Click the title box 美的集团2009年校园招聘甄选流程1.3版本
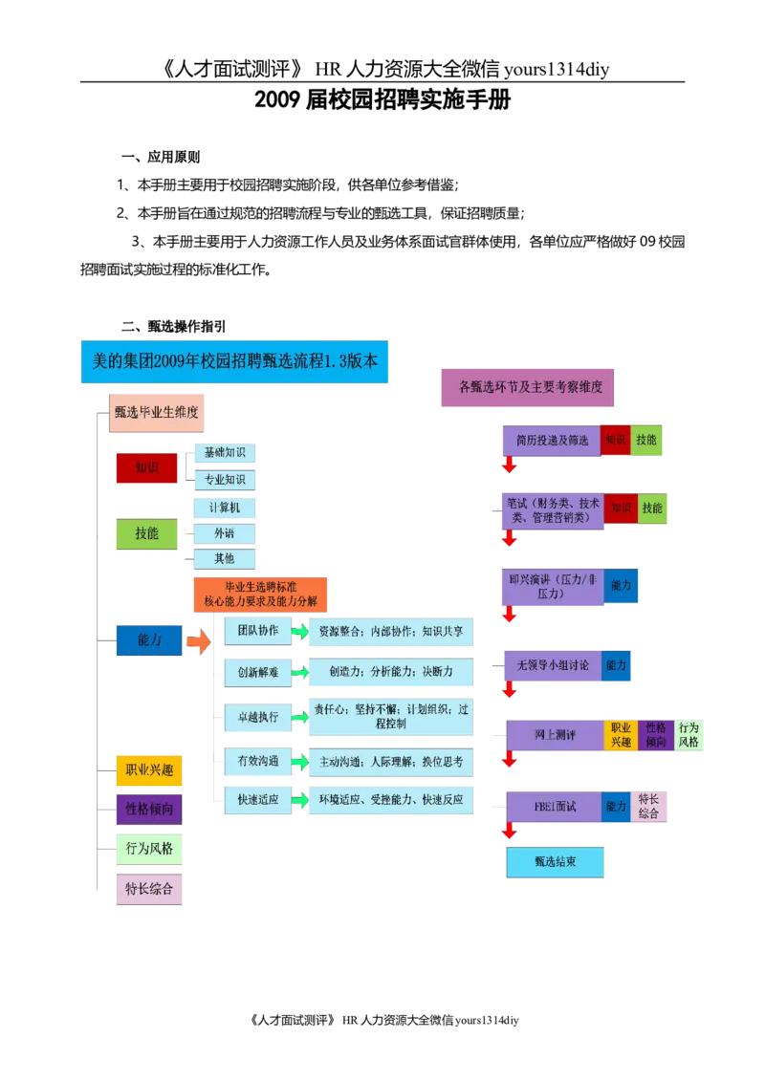pos(233,362)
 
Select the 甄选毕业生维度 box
pos(157,413)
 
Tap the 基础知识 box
pos(224,452)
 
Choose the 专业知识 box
pos(224,480)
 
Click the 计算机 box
pos(224,508)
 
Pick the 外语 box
pos(224,533)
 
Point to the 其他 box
pos(224,558)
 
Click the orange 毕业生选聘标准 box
pos(260,594)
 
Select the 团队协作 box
pos(257,631)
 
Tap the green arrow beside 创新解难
pos(300,673)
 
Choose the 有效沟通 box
pos(257,762)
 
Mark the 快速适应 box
pos(257,800)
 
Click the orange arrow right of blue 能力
pos(198,641)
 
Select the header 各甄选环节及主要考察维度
pos(530,388)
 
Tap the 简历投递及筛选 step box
pos(552,441)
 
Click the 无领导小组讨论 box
pos(552,665)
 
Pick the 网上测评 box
pos(555,735)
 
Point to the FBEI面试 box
pos(555,807)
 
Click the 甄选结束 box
pos(555,862)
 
